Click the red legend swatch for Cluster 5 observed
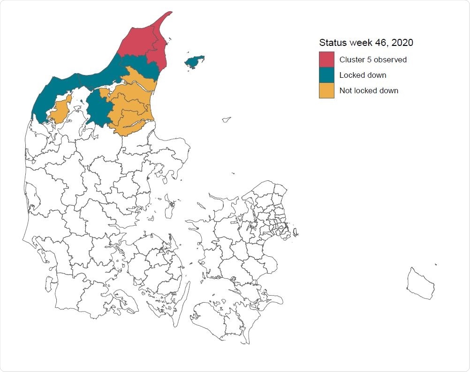coord(326,60)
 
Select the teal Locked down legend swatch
coord(326,75)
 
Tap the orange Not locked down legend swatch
coord(326,90)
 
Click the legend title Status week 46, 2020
coord(366,43)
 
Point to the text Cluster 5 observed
coord(373,60)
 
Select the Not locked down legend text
coord(369,90)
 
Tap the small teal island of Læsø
coord(194,61)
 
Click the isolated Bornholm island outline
coord(420,283)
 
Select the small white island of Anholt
coord(227,119)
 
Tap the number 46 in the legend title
coord(382,43)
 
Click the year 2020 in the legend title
coord(403,43)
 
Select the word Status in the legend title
coord(333,43)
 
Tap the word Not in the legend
coord(345,90)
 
